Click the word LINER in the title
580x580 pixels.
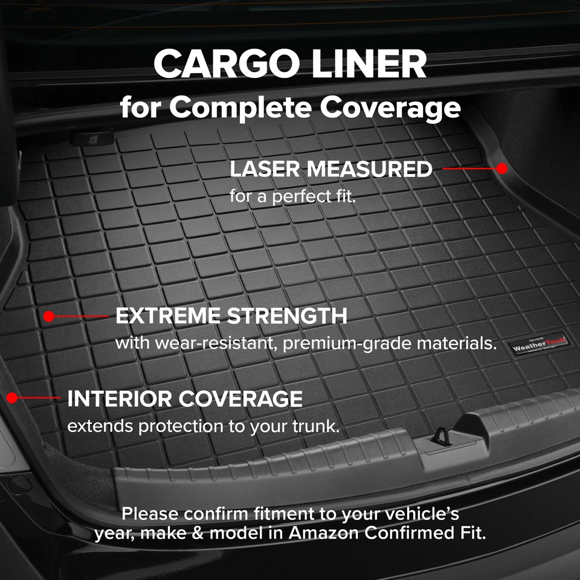[361, 65]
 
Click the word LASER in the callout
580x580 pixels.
[265, 170]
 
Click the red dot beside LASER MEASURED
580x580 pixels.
[502, 169]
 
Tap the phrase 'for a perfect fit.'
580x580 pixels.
[292, 197]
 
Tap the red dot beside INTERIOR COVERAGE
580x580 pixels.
[11, 398]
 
